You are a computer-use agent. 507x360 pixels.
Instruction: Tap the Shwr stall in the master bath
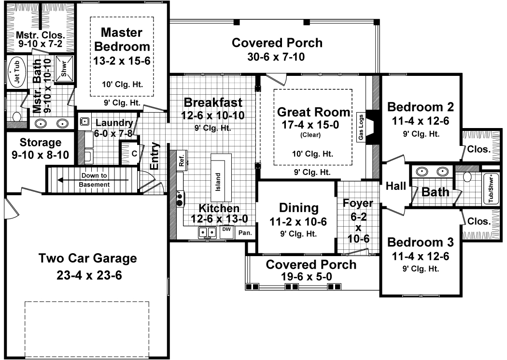click(64, 68)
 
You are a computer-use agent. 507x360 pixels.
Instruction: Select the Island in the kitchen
click(218, 181)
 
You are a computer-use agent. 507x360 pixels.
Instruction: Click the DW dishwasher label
click(226, 230)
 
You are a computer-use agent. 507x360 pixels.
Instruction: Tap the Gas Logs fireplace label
click(360, 128)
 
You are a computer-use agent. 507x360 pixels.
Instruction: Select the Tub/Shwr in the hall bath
click(491, 189)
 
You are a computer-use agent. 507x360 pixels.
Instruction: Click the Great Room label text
click(313, 113)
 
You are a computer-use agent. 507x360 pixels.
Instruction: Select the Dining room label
click(299, 208)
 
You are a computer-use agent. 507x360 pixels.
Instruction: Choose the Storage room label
click(41, 143)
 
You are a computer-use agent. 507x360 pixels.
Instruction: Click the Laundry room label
click(114, 122)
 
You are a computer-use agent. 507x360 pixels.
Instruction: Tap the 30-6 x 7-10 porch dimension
click(277, 57)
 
